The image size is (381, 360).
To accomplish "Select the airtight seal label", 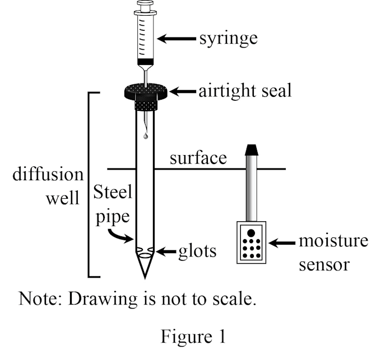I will [x=245, y=91].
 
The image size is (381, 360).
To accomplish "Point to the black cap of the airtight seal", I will [x=146, y=90].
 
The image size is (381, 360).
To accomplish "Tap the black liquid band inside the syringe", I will [x=146, y=61].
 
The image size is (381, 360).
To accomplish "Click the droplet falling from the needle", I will [x=146, y=135].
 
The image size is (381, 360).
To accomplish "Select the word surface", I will [x=198, y=158].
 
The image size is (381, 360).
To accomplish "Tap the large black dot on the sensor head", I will [x=251, y=233].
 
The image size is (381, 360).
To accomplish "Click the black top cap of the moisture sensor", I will [x=252, y=149].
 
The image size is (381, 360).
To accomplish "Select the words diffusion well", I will [x=48, y=186].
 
